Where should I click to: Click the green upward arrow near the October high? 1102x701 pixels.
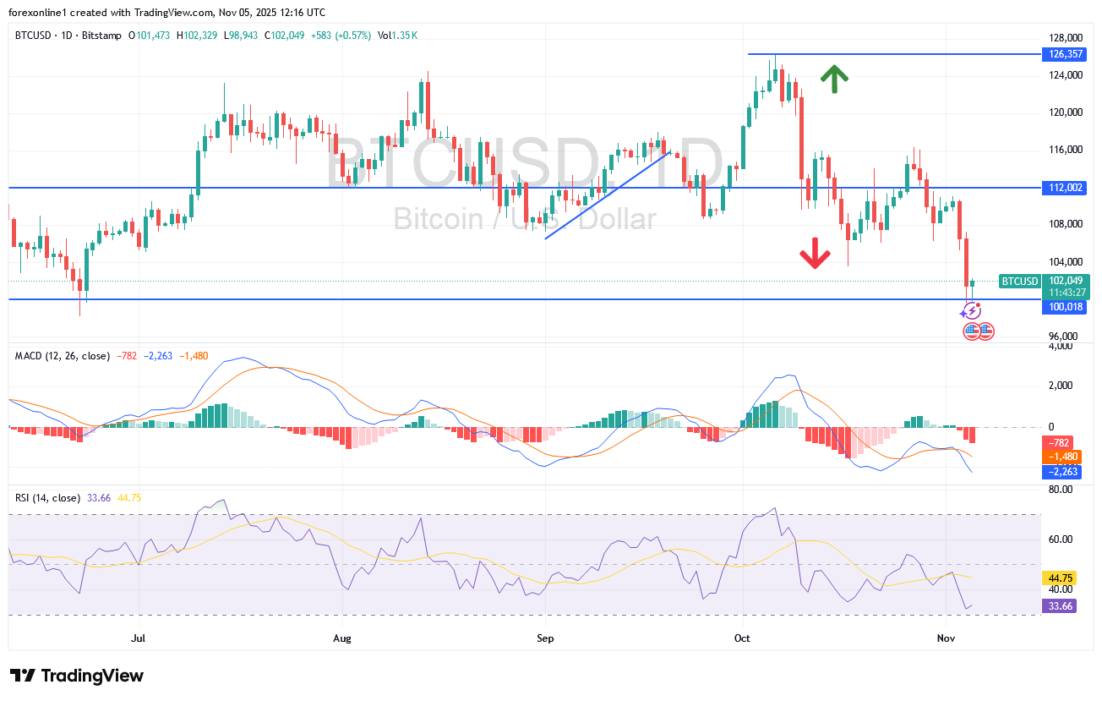(x=834, y=79)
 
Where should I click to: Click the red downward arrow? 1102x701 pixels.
(x=815, y=253)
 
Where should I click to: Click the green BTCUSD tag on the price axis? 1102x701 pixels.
(x=1018, y=282)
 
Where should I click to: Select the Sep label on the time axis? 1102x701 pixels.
(x=545, y=638)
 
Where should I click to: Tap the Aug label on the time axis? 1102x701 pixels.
(x=341, y=638)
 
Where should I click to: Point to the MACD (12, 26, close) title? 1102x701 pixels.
(x=63, y=356)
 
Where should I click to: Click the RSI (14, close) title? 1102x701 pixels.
(x=47, y=498)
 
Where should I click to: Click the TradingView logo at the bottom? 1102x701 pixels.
(x=78, y=676)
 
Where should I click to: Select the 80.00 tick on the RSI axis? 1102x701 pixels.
(x=1060, y=490)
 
